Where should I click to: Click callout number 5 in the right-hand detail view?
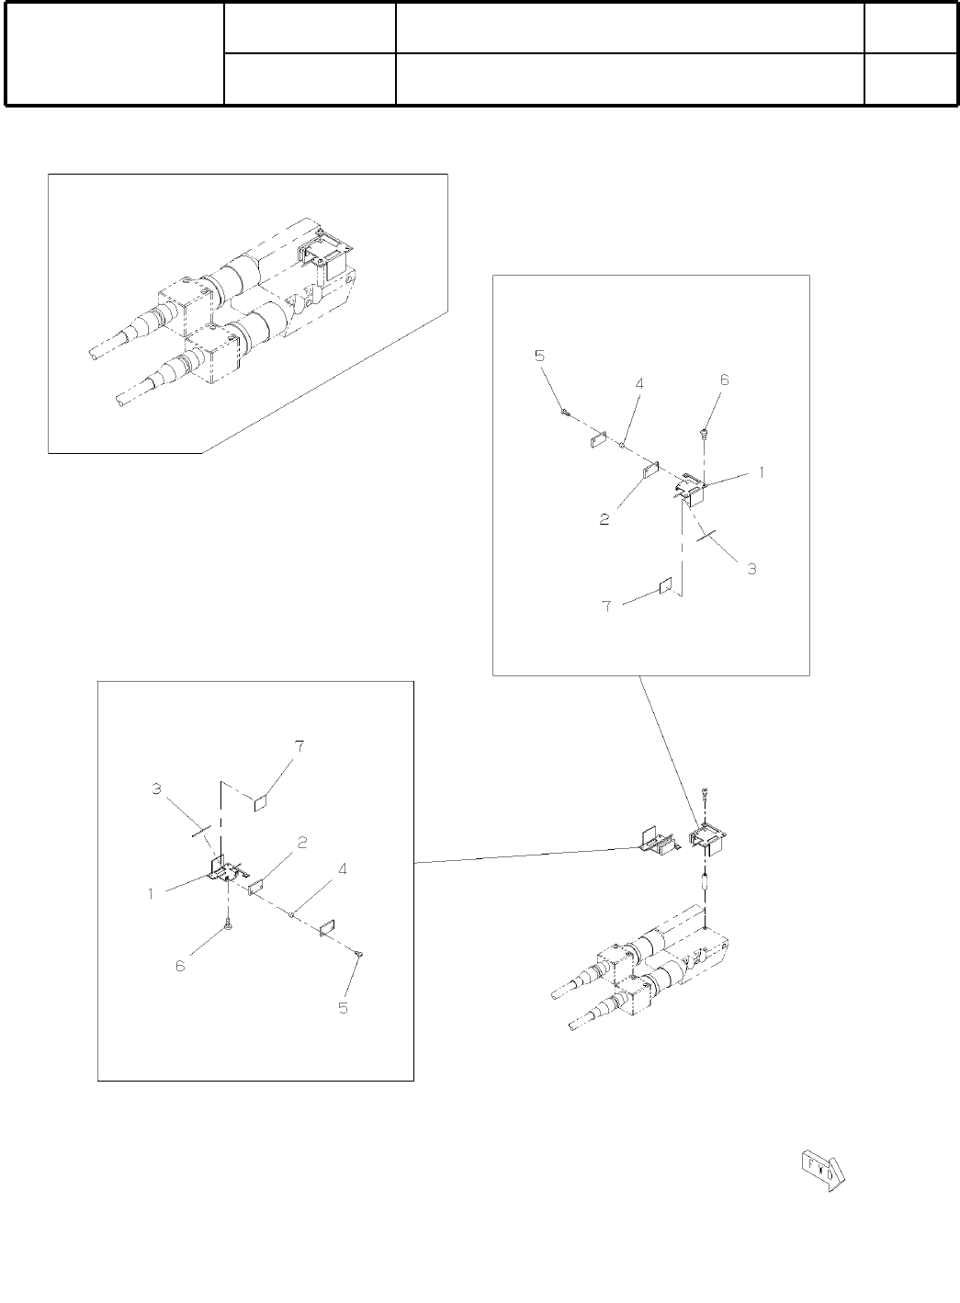coord(539,356)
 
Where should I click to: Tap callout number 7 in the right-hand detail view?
coord(605,606)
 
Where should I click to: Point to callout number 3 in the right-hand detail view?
coord(751,569)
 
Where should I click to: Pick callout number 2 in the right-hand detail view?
coord(604,519)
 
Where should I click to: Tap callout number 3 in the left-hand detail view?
coord(157,789)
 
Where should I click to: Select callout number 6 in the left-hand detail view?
coord(180,966)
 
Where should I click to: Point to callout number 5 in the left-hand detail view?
coord(343,1008)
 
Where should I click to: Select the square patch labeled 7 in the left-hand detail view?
coord(260,801)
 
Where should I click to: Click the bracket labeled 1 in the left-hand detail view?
coord(225,869)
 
